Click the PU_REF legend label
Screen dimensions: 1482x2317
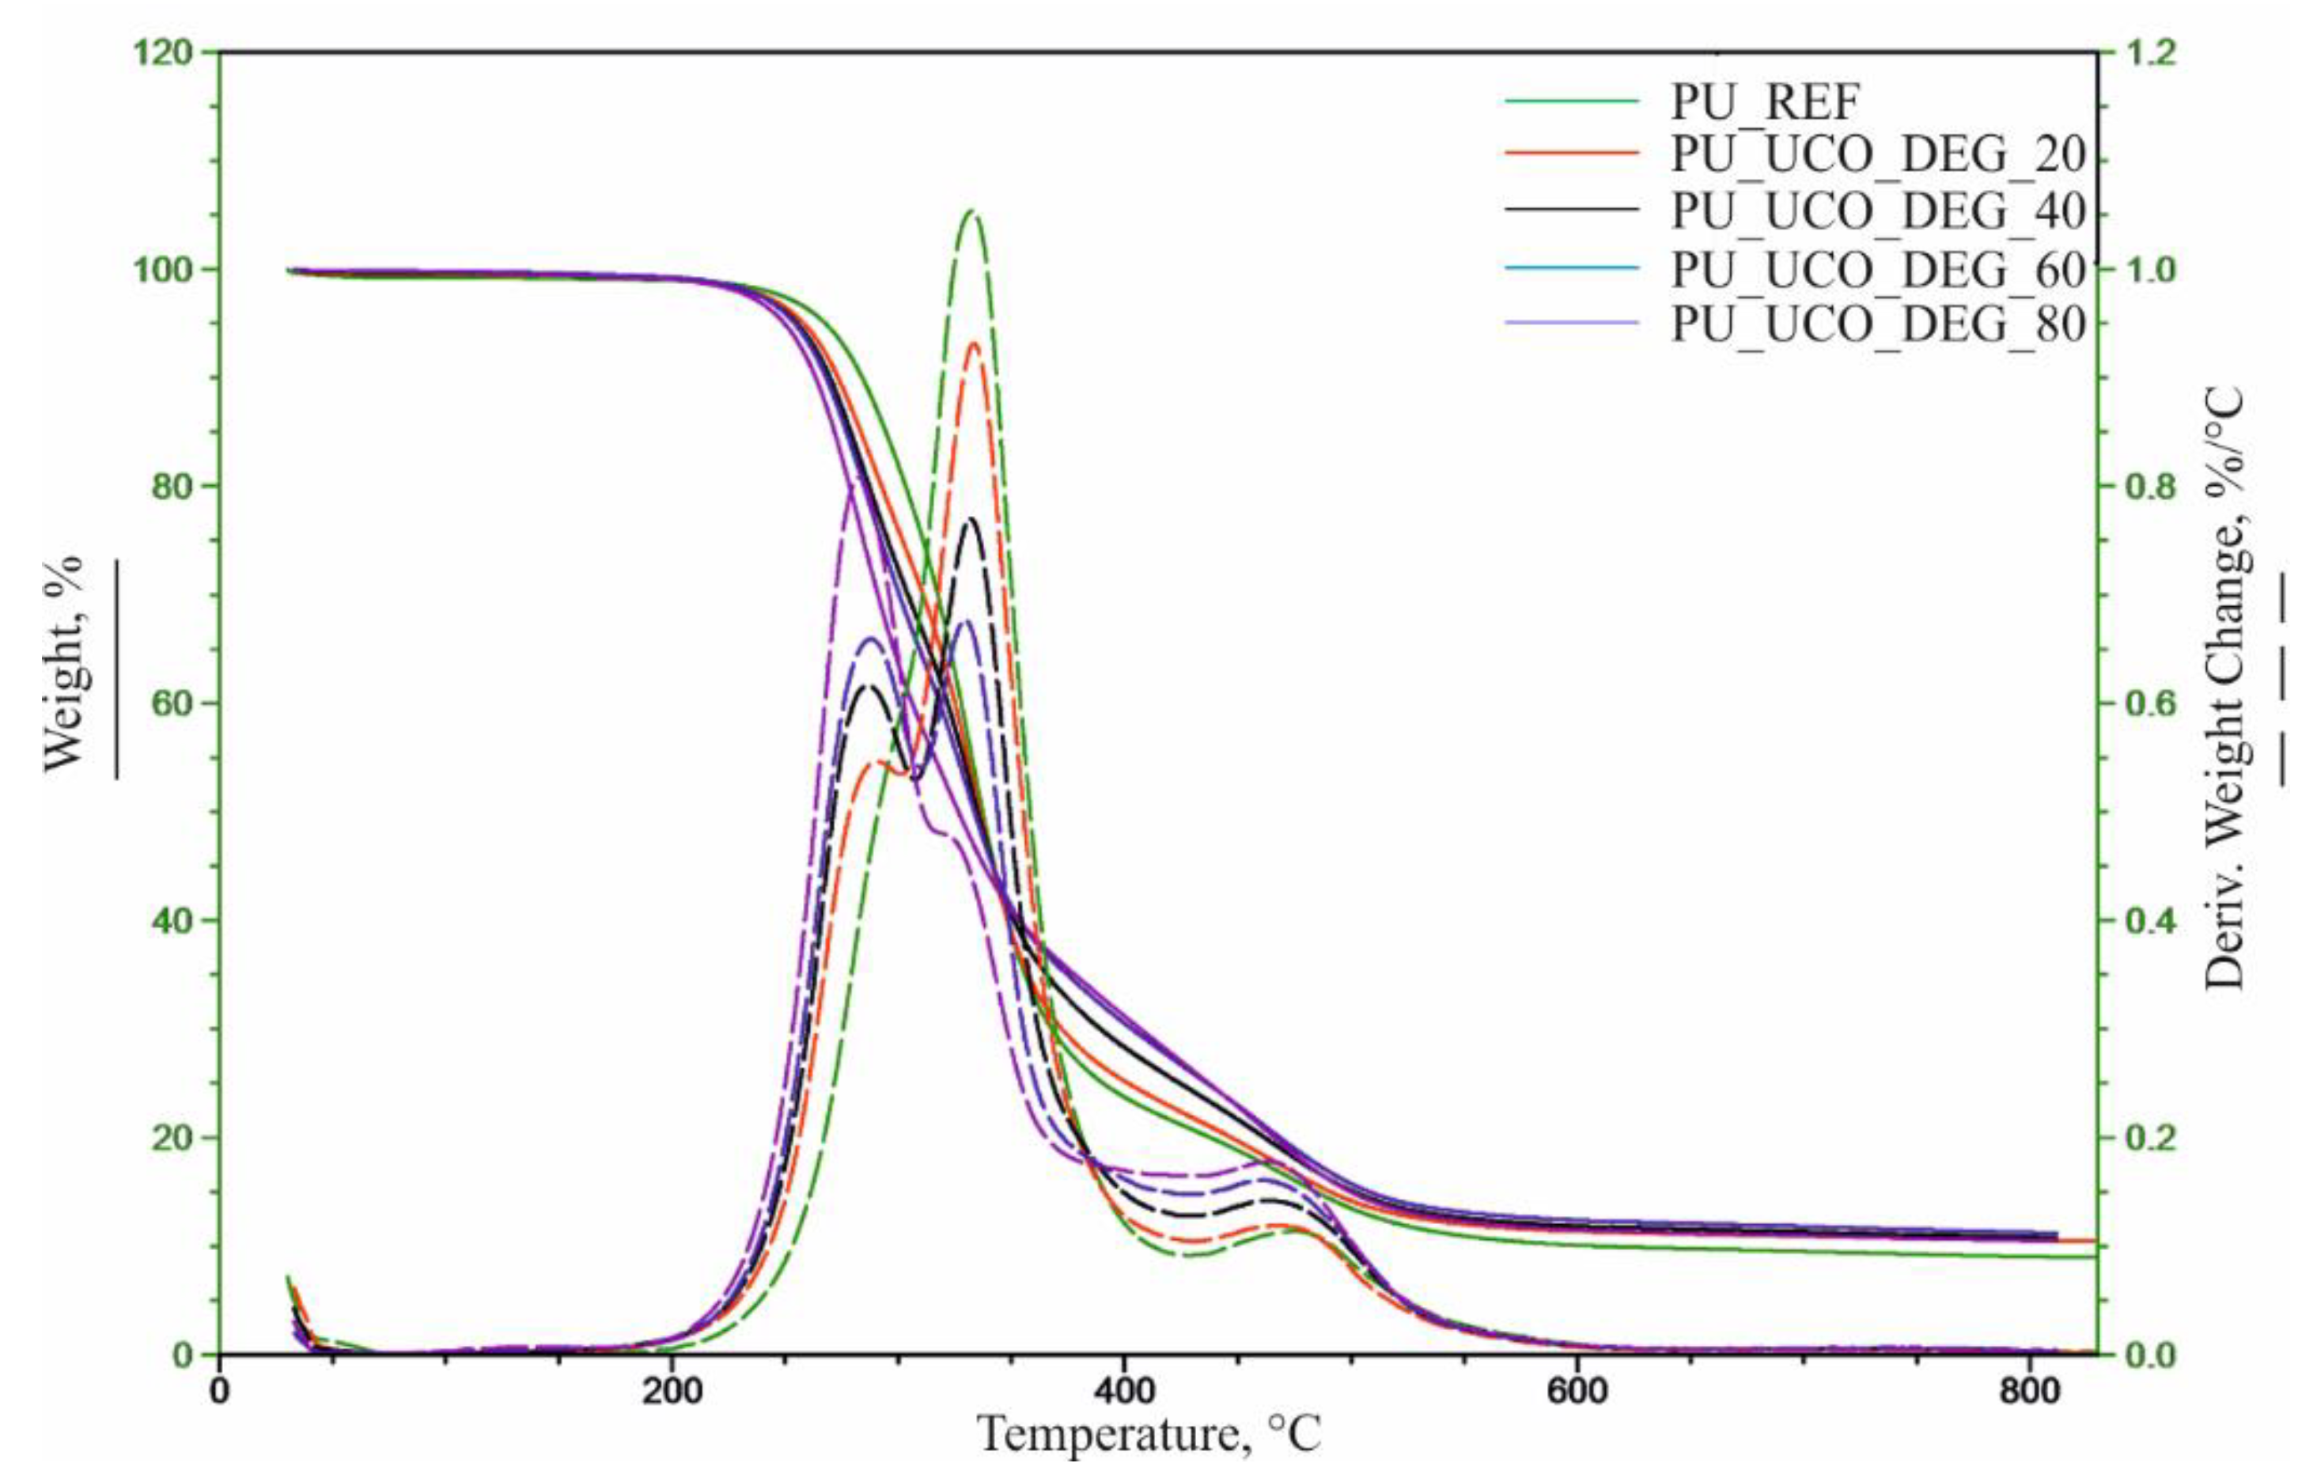[1766, 100]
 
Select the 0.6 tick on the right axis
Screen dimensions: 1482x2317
[2141, 703]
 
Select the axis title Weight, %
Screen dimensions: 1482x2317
[66, 664]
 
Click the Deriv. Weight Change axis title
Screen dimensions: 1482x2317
[2223, 688]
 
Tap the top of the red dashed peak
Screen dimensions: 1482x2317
[975, 343]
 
